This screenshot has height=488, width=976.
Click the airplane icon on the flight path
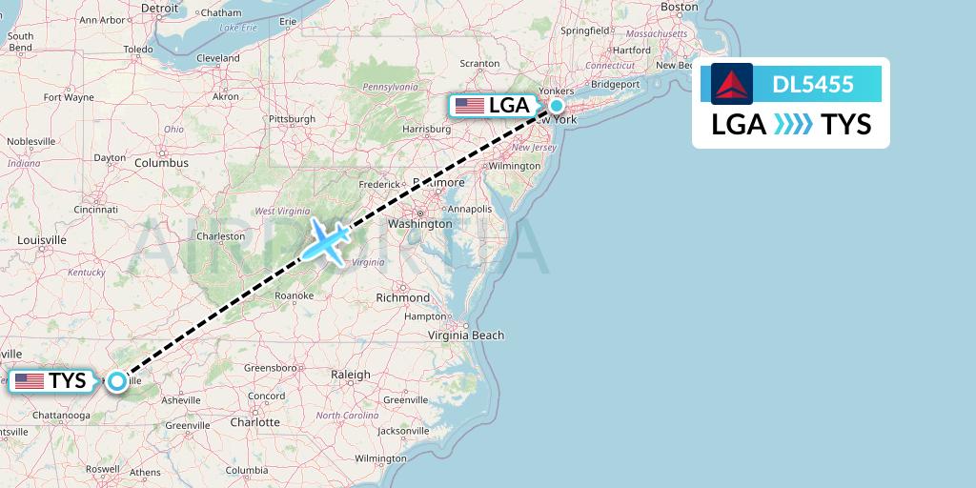point(325,241)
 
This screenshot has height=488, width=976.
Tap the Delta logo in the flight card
point(732,84)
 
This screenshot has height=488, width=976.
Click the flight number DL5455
point(813,85)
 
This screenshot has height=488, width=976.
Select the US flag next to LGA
point(470,106)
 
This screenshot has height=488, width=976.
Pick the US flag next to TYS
point(30,381)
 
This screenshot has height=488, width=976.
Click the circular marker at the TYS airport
point(116,381)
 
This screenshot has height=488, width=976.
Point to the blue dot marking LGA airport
point(557,106)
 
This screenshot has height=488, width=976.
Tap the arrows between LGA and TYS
point(794,125)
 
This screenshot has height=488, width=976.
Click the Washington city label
point(419,224)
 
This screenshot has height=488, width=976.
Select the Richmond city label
point(403,298)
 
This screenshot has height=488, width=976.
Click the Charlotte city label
point(254,421)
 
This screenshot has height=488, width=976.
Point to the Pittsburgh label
point(292,119)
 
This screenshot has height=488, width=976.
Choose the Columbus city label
point(161,163)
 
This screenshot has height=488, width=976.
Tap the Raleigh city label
point(350,375)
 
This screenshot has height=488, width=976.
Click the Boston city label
point(680,7)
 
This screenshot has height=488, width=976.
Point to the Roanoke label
point(294,295)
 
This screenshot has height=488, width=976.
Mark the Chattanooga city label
point(61,416)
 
